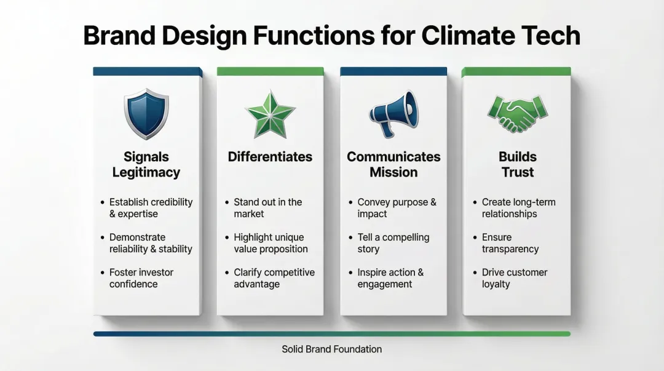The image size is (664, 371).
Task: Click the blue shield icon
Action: point(146,114)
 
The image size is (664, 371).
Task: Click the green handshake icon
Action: point(517,114)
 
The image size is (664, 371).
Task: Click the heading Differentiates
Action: point(270,157)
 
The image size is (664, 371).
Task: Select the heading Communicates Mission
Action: point(393,164)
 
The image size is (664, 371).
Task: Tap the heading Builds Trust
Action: point(517,164)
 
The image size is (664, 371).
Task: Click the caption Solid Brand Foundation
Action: point(332,349)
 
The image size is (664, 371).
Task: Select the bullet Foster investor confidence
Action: point(141,278)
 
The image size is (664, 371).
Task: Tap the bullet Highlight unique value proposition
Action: point(271,243)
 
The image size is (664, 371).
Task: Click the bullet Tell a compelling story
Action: point(393,243)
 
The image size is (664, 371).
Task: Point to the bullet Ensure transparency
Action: point(510,243)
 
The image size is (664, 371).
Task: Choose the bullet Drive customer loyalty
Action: point(514,278)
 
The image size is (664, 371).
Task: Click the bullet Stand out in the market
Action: point(267,208)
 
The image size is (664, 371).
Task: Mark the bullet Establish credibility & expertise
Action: point(151,208)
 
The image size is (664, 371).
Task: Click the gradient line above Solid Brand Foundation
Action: point(332,333)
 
